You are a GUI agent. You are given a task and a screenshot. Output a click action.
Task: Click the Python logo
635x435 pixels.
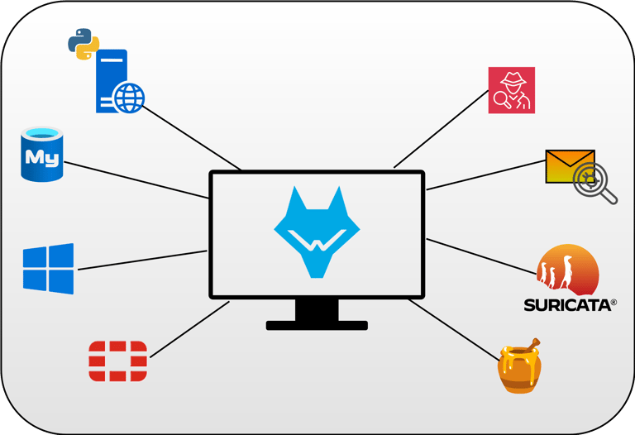tap(84, 43)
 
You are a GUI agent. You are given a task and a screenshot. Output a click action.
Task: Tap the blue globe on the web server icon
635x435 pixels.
tap(128, 98)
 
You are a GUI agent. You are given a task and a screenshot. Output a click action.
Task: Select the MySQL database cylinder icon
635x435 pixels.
tap(42, 155)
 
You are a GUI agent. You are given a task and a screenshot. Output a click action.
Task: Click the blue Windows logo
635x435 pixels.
tap(48, 268)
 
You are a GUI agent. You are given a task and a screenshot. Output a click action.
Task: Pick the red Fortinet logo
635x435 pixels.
tap(117, 361)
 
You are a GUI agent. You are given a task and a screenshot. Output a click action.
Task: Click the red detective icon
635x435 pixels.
tap(512, 90)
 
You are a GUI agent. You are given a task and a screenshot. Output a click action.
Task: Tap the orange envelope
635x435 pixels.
tap(570, 166)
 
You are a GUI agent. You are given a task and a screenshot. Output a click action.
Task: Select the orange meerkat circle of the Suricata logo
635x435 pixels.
tap(566, 270)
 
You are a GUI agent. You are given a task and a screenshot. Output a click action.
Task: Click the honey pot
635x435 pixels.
tap(519, 370)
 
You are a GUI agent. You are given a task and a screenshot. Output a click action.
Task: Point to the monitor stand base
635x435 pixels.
tap(317, 325)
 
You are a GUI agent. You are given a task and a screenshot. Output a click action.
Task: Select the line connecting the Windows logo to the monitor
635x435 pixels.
tap(141, 260)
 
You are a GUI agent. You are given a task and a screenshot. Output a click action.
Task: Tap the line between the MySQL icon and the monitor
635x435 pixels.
tap(136, 179)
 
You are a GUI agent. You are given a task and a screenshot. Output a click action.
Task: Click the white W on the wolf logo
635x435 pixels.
tap(316, 246)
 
